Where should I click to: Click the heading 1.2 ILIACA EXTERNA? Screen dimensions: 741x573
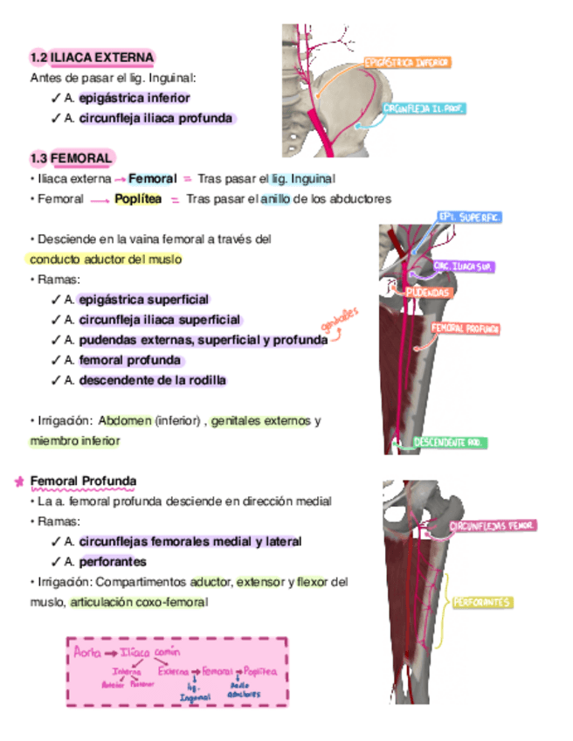[x=92, y=58]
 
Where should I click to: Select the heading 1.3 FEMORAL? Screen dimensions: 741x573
[x=71, y=158]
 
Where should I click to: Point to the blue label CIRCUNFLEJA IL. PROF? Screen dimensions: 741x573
[x=424, y=109]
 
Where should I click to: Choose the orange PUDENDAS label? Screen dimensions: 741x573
[x=428, y=293]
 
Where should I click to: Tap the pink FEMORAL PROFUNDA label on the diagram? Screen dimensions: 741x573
[x=465, y=329]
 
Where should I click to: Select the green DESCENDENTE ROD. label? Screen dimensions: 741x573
[x=450, y=443]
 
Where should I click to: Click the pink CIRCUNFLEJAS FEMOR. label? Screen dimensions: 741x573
[x=493, y=526]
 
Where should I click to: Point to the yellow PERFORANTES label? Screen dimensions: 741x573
[x=481, y=602]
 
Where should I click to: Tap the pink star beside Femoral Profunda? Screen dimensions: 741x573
[x=19, y=481]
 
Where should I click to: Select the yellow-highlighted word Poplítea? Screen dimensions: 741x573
[x=138, y=199]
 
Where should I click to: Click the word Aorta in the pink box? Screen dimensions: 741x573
[x=88, y=652]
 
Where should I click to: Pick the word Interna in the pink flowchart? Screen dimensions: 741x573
[x=127, y=671]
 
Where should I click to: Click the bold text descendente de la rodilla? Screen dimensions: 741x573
[x=152, y=380]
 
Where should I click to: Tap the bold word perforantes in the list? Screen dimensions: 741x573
[x=113, y=562]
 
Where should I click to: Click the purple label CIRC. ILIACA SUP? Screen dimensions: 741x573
[x=465, y=266]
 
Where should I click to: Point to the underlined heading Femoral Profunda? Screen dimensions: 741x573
[x=83, y=481]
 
